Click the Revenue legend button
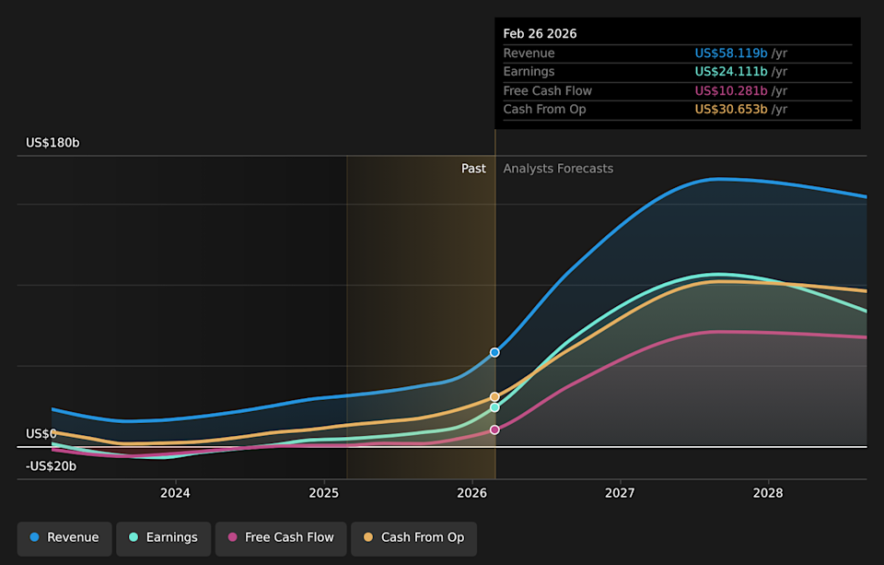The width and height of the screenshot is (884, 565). pyautogui.click(x=64, y=537)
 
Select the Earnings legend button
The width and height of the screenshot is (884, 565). pyautogui.click(x=163, y=537)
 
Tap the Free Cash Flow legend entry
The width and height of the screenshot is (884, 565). pyautogui.click(x=280, y=537)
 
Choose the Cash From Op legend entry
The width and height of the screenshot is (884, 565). pyautogui.click(x=413, y=537)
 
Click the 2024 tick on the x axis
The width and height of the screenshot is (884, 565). pyautogui.click(x=175, y=493)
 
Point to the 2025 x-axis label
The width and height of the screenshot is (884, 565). pyautogui.click(x=323, y=493)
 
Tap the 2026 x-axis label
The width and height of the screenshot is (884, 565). pyautogui.click(x=471, y=493)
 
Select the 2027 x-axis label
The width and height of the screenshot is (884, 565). pyautogui.click(x=620, y=493)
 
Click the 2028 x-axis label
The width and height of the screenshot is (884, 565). pyautogui.click(x=768, y=493)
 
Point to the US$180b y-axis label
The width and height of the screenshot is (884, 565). pyautogui.click(x=52, y=143)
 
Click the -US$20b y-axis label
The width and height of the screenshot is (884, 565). pyautogui.click(x=51, y=466)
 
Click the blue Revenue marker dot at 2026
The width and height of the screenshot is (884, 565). pyautogui.click(x=494, y=352)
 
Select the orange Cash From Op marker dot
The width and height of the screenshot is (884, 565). pyautogui.click(x=494, y=396)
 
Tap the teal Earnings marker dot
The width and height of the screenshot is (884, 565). pyautogui.click(x=494, y=407)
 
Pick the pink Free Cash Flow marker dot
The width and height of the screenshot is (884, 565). pyautogui.click(x=494, y=430)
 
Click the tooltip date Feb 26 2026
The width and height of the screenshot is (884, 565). pyautogui.click(x=540, y=33)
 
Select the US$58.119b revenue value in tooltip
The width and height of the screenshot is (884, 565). pyautogui.click(x=731, y=53)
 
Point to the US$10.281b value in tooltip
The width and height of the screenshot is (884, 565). pyautogui.click(x=731, y=90)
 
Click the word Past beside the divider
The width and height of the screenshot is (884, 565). pyautogui.click(x=473, y=169)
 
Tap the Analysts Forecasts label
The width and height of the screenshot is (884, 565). pyautogui.click(x=558, y=169)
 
